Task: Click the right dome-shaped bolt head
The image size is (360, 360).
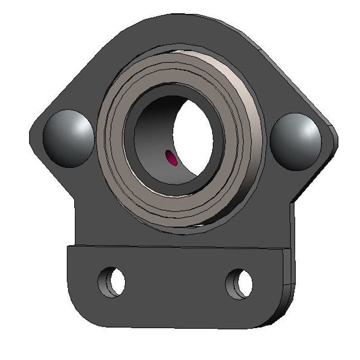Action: coord(296,141)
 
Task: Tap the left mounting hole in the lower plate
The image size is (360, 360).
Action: coord(113,282)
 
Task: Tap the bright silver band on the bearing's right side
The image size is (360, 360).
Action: coord(249,140)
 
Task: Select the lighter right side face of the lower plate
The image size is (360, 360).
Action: coord(287,285)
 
